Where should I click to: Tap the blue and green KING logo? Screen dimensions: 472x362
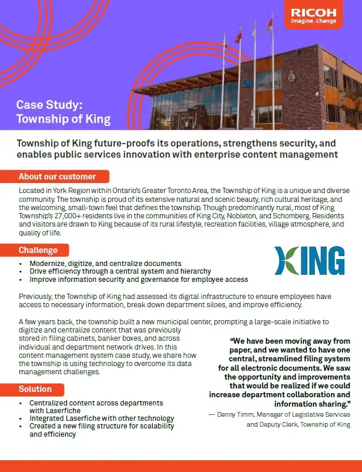pyautogui.click(x=310, y=261)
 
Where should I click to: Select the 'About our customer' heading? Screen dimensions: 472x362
pyautogui.click(x=57, y=177)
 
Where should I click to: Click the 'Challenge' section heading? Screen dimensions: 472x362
pyautogui.click(x=38, y=251)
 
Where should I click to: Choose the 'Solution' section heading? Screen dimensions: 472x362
pyautogui.click(x=35, y=389)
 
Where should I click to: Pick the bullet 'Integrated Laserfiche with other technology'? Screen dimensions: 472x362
pyautogui.click(x=102, y=418)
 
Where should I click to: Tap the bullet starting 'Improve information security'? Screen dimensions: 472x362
pyautogui.click(x=139, y=280)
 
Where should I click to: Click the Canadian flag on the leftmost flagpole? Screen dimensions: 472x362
pyautogui.click(x=239, y=35)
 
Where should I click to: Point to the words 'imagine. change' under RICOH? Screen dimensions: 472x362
pyautogui.click(x=314, y=22)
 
